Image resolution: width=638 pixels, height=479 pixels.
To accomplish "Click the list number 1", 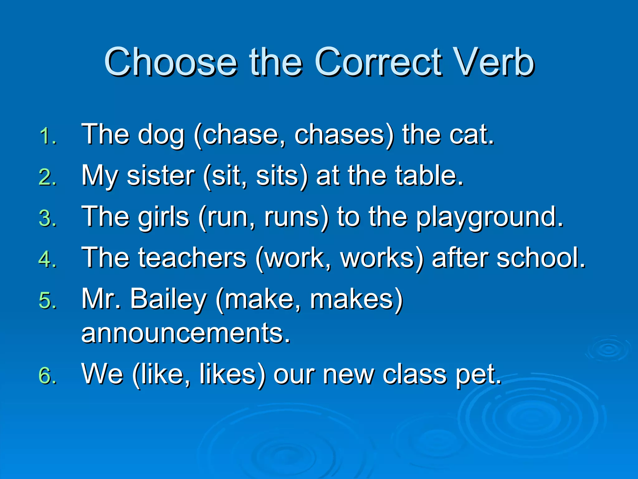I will [x=47, y=136].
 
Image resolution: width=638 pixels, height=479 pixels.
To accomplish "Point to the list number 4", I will [x=47, y=259].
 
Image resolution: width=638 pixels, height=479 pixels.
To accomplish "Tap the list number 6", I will [x=47, y=375].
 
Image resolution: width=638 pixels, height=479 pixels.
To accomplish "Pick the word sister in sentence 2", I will [x=161, y=176].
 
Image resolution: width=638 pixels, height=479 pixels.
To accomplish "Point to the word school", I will [x=540, y=258].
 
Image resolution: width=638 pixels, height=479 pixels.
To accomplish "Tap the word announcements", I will [x=186, y=333].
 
